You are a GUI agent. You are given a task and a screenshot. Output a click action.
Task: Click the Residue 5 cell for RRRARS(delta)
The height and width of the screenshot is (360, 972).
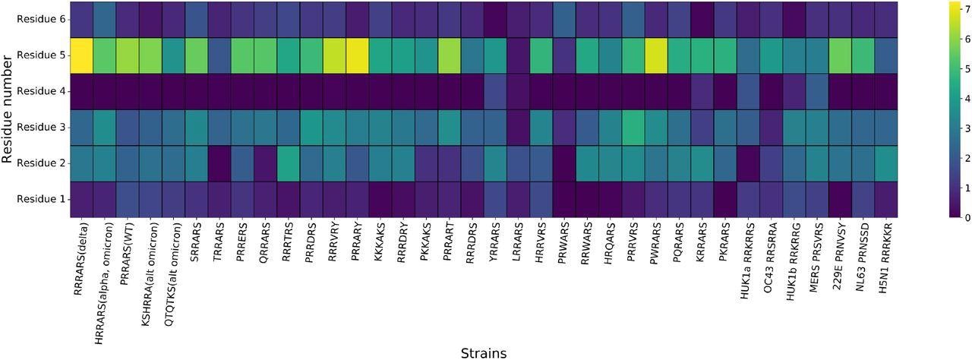(x=81, y=55)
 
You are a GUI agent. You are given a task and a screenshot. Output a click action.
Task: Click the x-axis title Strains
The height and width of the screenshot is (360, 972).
(x=484, y=352)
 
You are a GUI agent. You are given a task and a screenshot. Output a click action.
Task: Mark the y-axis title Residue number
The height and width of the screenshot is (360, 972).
(x=8, y=109)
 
